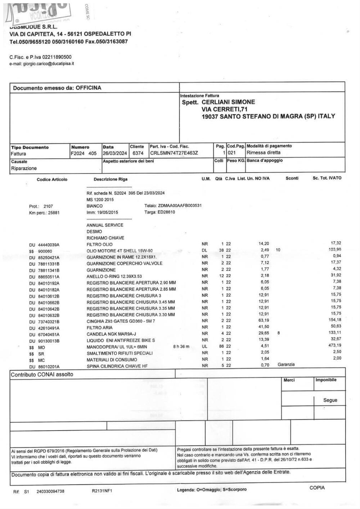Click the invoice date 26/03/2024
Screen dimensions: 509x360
click(115, 153)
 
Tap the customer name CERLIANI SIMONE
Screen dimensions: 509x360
click(228, 102)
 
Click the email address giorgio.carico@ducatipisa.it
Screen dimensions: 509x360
click(49, 64)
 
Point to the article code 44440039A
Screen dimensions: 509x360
click(49, 245)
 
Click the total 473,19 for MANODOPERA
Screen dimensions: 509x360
click(334, 345)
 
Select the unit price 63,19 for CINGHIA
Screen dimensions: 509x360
click(264, 320)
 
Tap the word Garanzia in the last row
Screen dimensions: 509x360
click(286, 365)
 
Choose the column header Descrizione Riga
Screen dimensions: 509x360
click(111, 179)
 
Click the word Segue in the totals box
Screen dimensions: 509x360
click(330, 400)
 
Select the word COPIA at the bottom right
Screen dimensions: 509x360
click(317, 488)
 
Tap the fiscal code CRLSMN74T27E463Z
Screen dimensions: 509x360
click(174, 153)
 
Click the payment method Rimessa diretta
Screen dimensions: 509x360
click(264, 153)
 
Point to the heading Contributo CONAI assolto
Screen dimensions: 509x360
click(42, 374)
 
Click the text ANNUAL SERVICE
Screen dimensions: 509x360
click(105, 225)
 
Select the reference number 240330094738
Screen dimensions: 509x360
click(50, 491)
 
